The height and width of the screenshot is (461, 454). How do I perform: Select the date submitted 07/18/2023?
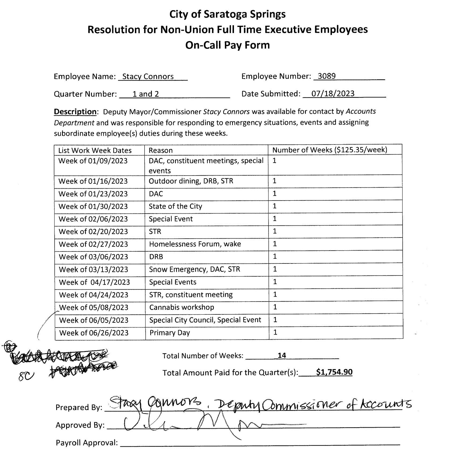(x=333, y=94)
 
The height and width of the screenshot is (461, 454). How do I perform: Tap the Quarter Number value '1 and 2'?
(x=145, y=94)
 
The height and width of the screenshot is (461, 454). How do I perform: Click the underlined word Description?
(x=75, y=111)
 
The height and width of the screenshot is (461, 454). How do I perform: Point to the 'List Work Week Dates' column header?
(x=95, y=150)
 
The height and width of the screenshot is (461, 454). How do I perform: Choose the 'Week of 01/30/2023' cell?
(x=93, y=206)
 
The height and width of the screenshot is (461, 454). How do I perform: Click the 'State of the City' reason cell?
(x=175, y=206)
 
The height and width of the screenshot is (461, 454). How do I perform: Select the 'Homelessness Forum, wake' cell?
(x=195, y=244)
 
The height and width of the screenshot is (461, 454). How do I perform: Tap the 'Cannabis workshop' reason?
(x=181, y=307)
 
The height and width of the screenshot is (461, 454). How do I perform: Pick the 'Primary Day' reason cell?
(x=170, y=333)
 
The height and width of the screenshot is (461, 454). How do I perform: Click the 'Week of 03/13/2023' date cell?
(x=93, y=269)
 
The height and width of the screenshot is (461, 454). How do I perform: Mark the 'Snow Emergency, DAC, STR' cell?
(x=194, y=269)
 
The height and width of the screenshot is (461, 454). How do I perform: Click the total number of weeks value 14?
(x=282, y=355)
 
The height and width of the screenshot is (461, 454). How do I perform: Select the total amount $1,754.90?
(x=334, y=372)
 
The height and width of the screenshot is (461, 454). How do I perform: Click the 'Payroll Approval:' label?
(x=87, y=443)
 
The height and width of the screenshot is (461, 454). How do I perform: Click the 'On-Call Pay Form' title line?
(x=227, y=45)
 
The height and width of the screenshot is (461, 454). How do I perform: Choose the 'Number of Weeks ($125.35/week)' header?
(x=330, y=150)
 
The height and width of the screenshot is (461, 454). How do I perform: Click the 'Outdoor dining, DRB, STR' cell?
(x=191, y=181)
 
